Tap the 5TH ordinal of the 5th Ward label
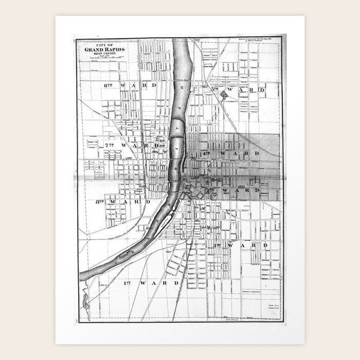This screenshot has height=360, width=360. [x=214, y=89]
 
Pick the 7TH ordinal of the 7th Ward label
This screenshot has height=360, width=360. [x=109, y=146]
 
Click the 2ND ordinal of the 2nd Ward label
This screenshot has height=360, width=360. [x=210, y=190]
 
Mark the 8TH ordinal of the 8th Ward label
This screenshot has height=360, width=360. [x=100, y=202]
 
